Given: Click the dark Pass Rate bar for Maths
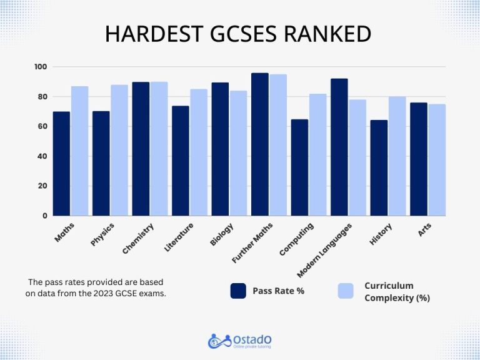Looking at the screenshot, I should click(61, 164).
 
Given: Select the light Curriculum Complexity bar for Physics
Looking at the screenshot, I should click(119, 151).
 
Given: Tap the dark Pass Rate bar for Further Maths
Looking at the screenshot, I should click(259, 144).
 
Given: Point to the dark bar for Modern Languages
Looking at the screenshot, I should click(339, 147).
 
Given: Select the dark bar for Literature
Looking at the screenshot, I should click(180, 161).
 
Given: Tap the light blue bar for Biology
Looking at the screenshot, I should click(237, 153).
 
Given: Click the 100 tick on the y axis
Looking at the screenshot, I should click(41, 67).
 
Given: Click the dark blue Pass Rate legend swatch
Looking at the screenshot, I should click(238, 291).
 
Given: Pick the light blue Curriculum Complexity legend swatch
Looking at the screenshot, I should click(346, 291).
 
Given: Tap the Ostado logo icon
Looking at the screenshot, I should click(216, 341).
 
